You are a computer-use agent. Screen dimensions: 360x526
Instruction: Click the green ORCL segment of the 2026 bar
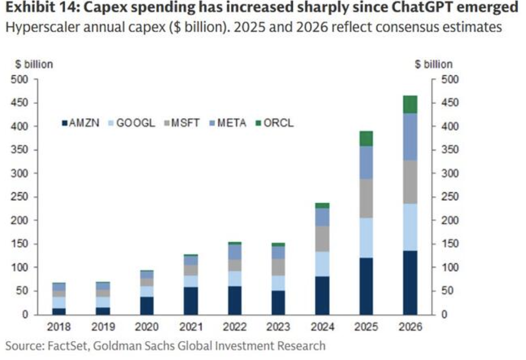click(410, 105)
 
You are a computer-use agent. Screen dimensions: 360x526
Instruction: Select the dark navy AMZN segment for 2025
click(366, 286)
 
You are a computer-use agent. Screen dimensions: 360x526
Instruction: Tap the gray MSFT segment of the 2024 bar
click(322, 239)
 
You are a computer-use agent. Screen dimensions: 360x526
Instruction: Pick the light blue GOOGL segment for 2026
click(410, 227)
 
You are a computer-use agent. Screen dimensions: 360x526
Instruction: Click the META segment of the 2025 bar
click(366, 163)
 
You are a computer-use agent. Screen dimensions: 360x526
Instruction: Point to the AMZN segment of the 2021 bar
click(190, 300)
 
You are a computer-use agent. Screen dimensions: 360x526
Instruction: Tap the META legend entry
click(228, 123)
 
